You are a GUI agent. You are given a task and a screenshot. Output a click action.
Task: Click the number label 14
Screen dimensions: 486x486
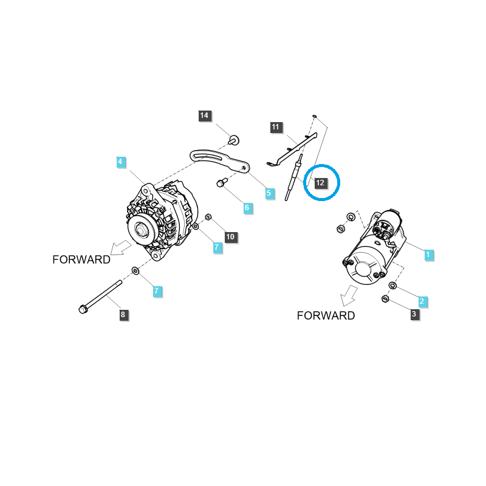click(204, 115)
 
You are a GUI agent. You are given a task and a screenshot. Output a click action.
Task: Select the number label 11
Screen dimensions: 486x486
click(276, 127)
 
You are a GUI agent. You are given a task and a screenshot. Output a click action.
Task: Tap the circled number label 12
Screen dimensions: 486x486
click(321, 182)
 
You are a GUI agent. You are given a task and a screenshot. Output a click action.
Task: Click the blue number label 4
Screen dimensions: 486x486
click(121, 162)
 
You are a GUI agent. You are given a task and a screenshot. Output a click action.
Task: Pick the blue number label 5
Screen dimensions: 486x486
click(270, 193)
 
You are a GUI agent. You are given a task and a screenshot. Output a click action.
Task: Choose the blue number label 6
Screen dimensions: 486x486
click(247, 208)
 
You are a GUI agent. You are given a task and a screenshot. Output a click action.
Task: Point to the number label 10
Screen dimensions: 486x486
click(230, 236)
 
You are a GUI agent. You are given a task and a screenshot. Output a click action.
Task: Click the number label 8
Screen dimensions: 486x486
click(123, 314)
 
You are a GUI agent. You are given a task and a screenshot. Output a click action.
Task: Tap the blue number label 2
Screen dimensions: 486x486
click(422, 301)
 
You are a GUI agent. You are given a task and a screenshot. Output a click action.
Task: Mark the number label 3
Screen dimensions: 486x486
click(414, 314)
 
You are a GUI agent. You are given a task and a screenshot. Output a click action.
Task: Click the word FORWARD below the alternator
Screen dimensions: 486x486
click(81, 259)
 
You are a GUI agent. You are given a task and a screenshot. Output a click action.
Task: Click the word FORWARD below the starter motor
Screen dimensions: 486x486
click(326, 315)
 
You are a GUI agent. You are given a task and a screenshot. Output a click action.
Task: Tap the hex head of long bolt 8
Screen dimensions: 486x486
click(83, 310)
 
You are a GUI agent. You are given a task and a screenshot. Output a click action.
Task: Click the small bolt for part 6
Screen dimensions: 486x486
click(221, 182)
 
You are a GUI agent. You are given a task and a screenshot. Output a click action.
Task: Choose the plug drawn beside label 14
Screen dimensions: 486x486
click(233, 140)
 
